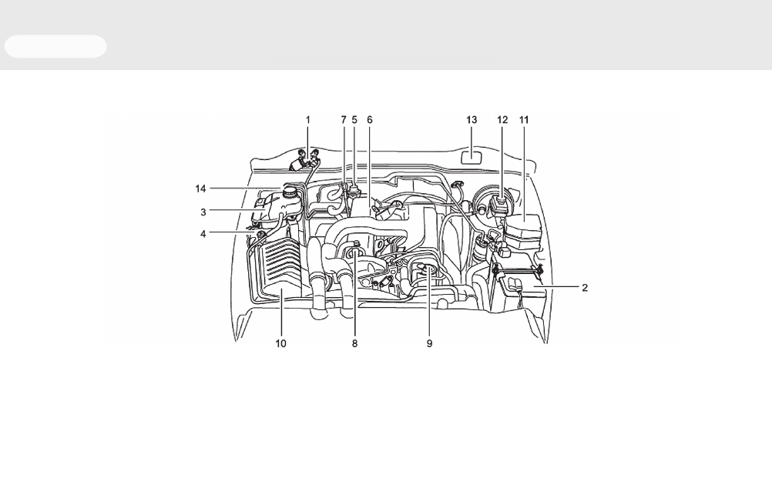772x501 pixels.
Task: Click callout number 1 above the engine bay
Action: click(x=308, y=120)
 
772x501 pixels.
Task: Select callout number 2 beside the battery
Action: click(x=585, y=288)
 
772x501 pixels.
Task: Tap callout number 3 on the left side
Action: click(x=203, y=212)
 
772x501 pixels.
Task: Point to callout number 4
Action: click(x=203, y=234)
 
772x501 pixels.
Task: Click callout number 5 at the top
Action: click(x=354, y=120)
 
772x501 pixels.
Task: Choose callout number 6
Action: click(x=370, y=120)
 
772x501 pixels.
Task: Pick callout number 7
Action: click(x=344, y=120)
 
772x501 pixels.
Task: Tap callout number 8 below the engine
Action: click(x=354, y=344)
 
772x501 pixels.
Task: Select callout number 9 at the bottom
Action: click(x=429, y=344)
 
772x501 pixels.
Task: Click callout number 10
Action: click(x=280, y=344)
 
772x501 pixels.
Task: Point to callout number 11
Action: click(x=524, y=120)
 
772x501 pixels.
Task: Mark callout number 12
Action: click(x=502, y=120)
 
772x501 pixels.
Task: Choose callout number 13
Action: click(x=472, y=120)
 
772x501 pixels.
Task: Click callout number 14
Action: click(x=200, y=189)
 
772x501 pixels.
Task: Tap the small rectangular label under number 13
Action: click(x=472, y=157)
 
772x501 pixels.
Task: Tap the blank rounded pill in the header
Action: click(x=55, y=47)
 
